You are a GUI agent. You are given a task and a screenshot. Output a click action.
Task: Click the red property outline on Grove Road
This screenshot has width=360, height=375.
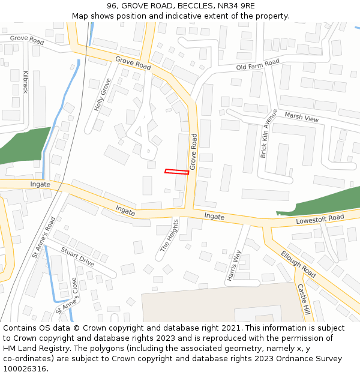click(177, 172)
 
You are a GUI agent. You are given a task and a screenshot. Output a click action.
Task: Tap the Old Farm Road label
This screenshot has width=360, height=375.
click(258, 64)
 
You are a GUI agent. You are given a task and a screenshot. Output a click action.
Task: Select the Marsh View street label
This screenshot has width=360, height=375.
click(301, 117)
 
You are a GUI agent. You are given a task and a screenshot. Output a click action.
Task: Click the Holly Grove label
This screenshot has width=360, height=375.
click(102, 95)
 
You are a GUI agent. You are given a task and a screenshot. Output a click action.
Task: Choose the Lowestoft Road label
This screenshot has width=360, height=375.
click(320, 219)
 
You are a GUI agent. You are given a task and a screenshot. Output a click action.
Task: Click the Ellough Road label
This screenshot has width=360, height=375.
click(298, 265)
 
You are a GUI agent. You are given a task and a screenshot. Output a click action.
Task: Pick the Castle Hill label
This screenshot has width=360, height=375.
click(304, 301)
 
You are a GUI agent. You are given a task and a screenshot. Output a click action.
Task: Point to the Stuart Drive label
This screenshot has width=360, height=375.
click(77, 259)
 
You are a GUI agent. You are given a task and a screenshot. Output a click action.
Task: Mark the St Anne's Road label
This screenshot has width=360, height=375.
click(43, 238)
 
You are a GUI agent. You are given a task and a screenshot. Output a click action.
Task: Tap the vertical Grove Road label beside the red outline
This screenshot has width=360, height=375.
click(194, 151)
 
